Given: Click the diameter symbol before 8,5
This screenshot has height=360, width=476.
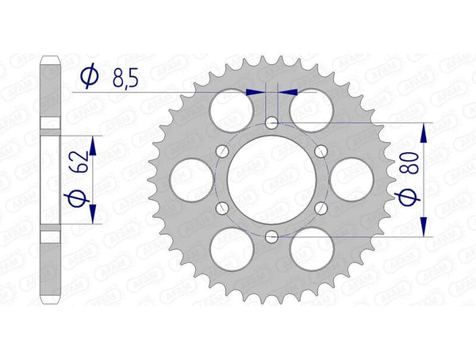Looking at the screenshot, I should [89, 76].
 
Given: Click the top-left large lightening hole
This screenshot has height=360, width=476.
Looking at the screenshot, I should [230, 109].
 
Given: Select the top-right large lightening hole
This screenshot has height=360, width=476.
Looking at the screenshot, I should [311, 109].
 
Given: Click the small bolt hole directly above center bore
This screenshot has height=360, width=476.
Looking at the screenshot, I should [271, 123].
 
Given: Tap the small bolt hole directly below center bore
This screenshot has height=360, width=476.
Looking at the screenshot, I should [271, 236].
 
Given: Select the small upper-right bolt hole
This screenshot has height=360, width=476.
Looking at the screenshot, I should [320, 151].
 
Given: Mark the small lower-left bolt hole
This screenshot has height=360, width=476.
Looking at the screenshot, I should [221, 208].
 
